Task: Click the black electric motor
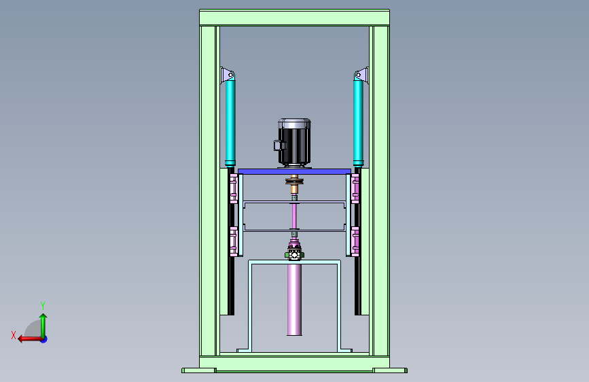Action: [294, 143]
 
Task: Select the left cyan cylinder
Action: [230, 120]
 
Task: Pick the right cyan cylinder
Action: [358, 120]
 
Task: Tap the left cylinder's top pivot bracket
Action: [228, 75]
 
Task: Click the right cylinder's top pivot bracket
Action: [361, 75]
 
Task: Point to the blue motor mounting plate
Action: [295, 171]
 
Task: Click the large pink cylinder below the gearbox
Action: [294, 299]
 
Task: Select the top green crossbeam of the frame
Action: [295, 18]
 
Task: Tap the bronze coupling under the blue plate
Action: [294, 182]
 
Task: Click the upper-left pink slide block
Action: [234, 188]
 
